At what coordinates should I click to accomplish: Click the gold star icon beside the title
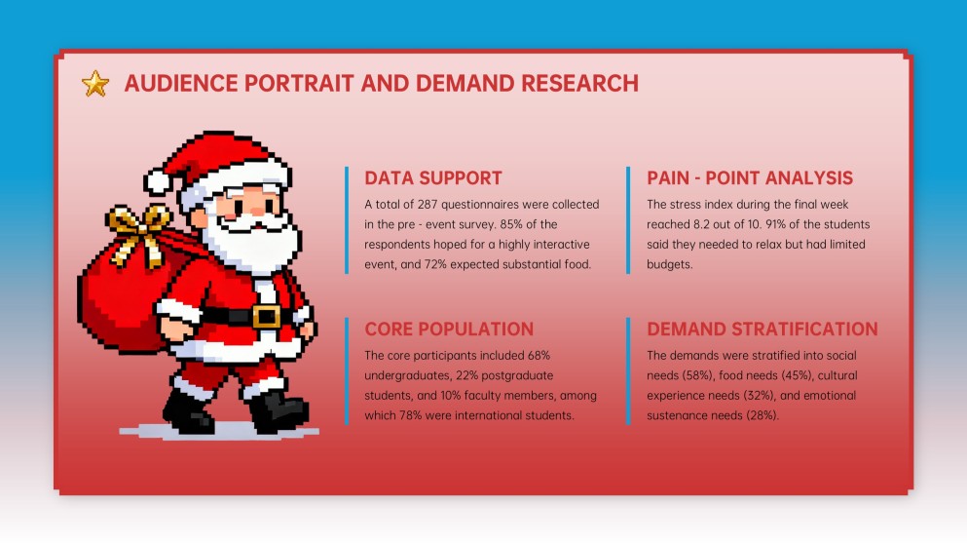(x=95, y=84)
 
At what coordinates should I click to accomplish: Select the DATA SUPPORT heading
(x=432, y=178)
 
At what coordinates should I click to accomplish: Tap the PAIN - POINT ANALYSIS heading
(x=750, y=178)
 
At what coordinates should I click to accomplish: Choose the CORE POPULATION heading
(x=448, y=329)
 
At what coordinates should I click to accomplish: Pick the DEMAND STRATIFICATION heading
(x=762, y=329)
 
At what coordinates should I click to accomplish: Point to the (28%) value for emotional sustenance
(x=762, y=415)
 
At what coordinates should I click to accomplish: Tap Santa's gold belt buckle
(x=266, y=316)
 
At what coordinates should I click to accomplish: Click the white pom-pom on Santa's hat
(x=159, y=181)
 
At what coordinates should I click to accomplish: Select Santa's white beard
(x=251, y=244)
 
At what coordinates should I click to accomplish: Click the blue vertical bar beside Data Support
(x=347, y=220)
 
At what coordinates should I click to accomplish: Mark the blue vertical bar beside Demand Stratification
(x=629, y=370)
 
